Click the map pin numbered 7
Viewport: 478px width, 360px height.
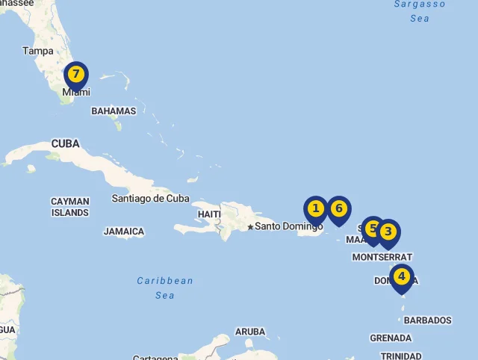76,75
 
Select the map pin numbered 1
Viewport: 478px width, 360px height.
316,208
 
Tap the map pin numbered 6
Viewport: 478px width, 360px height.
338,208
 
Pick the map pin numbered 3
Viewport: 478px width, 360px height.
388,232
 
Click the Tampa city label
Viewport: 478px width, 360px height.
38,51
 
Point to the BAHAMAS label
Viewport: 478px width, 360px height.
114,111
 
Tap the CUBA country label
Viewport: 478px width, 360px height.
66,143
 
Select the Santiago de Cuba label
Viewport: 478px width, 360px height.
150,199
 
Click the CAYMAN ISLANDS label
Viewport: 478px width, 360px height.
70,207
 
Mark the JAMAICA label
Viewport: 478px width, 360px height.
124,232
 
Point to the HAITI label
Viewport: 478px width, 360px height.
209,214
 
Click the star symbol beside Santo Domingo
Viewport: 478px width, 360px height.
250,226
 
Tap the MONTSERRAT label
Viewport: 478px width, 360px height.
382,257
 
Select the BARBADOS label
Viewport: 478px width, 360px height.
427,320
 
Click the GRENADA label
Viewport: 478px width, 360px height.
391,338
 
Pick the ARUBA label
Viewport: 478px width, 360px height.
250,332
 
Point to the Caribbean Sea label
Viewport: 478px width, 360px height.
165,288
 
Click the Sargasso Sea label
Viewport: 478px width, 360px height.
420,10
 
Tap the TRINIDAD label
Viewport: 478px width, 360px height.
401,356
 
